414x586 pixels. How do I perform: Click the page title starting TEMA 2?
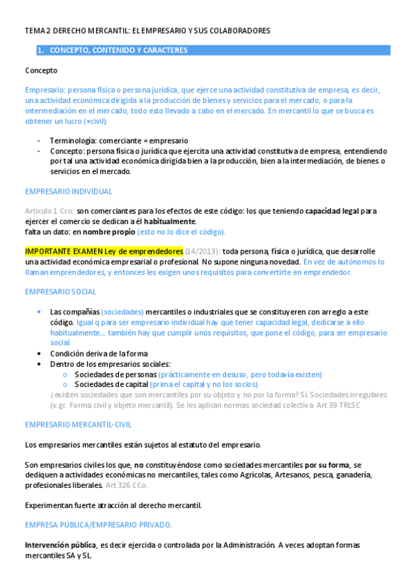pos(147,31)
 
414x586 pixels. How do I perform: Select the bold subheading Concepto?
pos(41,70)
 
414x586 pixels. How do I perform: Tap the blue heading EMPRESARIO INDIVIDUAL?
pos(68,191)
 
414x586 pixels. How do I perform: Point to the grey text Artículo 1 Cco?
pos(49,211)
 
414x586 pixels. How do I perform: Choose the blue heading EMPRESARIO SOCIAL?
pos(60,292)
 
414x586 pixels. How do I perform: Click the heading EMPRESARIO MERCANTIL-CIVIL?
pos(78,424)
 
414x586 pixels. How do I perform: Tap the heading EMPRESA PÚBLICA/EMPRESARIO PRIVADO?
pos(98,525)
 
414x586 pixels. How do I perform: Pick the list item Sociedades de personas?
pos(115,375)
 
